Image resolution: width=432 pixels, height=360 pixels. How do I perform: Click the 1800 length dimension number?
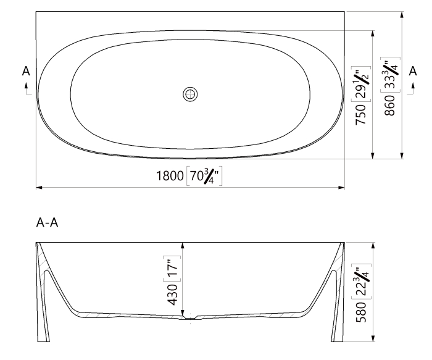click(x=169, y=177)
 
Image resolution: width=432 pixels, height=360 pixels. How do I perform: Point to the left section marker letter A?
click(x=26, y=72)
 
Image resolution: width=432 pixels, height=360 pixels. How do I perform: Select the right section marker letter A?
click(x=412, y=72)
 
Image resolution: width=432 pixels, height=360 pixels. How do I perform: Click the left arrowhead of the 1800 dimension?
click(x=39, y=186)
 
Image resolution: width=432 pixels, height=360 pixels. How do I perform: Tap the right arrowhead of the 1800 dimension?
click(x=341, y=186)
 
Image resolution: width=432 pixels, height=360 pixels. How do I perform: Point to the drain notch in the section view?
click(x=183, y=319)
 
